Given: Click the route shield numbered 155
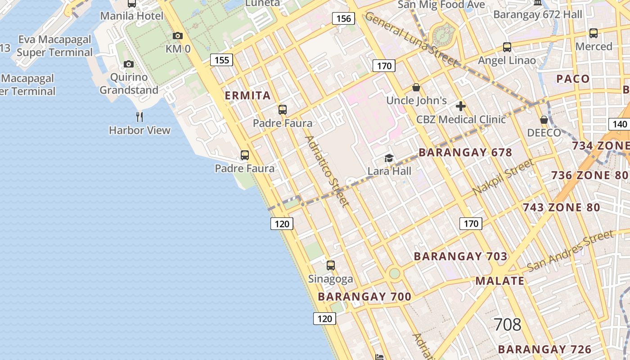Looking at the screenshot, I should [221, 60].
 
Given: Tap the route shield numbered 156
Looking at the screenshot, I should [343, 18].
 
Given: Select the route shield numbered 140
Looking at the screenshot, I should [620, 124].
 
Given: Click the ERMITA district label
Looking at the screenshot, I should [247, 95].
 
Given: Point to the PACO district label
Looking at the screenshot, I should [573, 79].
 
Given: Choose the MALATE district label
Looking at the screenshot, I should [500, 281].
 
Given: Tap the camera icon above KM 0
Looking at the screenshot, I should [178, 36].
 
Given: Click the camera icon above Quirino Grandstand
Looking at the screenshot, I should [129, 64].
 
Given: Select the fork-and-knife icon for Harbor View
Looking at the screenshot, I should [139, 117].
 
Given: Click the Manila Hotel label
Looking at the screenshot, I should [132, 16].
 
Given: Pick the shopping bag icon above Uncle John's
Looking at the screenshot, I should [416, 87].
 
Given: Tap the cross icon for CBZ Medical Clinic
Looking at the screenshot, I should [460, 107].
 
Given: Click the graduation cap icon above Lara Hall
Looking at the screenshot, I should [389, 158].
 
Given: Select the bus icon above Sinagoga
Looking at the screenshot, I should [331, 265].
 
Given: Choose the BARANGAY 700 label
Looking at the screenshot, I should [364, 297].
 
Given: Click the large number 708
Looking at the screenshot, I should [508, 324].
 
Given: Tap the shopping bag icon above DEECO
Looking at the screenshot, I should [544, 120].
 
